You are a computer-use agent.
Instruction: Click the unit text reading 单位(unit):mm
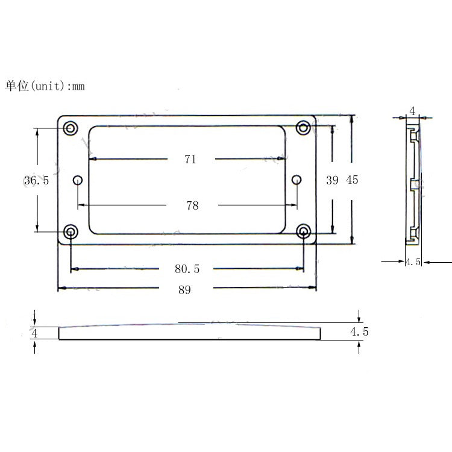click(45, 86)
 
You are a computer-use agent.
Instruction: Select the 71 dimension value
click(190, 159)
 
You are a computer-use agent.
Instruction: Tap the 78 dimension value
click(192, 206)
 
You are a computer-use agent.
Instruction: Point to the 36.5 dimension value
click(36, 180)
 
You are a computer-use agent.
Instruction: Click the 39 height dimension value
click(332, 180)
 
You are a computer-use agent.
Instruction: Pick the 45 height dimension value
click(353, 180)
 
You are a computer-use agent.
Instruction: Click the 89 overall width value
click(184, 290)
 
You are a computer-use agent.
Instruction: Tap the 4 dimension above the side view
click(412, 110)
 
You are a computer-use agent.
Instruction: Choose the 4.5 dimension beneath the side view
click(413, 262)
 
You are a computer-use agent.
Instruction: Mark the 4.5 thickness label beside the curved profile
click(359, 332)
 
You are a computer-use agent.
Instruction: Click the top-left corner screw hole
click(71, 128)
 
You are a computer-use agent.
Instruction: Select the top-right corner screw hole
click(303, 128)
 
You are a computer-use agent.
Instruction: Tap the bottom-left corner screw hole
click(71, 231)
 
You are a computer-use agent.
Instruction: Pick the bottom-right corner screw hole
click(303, 231)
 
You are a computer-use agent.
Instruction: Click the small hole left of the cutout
click(77, 180)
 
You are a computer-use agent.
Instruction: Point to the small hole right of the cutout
click(296, 180)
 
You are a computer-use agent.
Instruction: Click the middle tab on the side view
click(413, 184)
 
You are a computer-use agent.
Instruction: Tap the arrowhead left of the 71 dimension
click(93, 159)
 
